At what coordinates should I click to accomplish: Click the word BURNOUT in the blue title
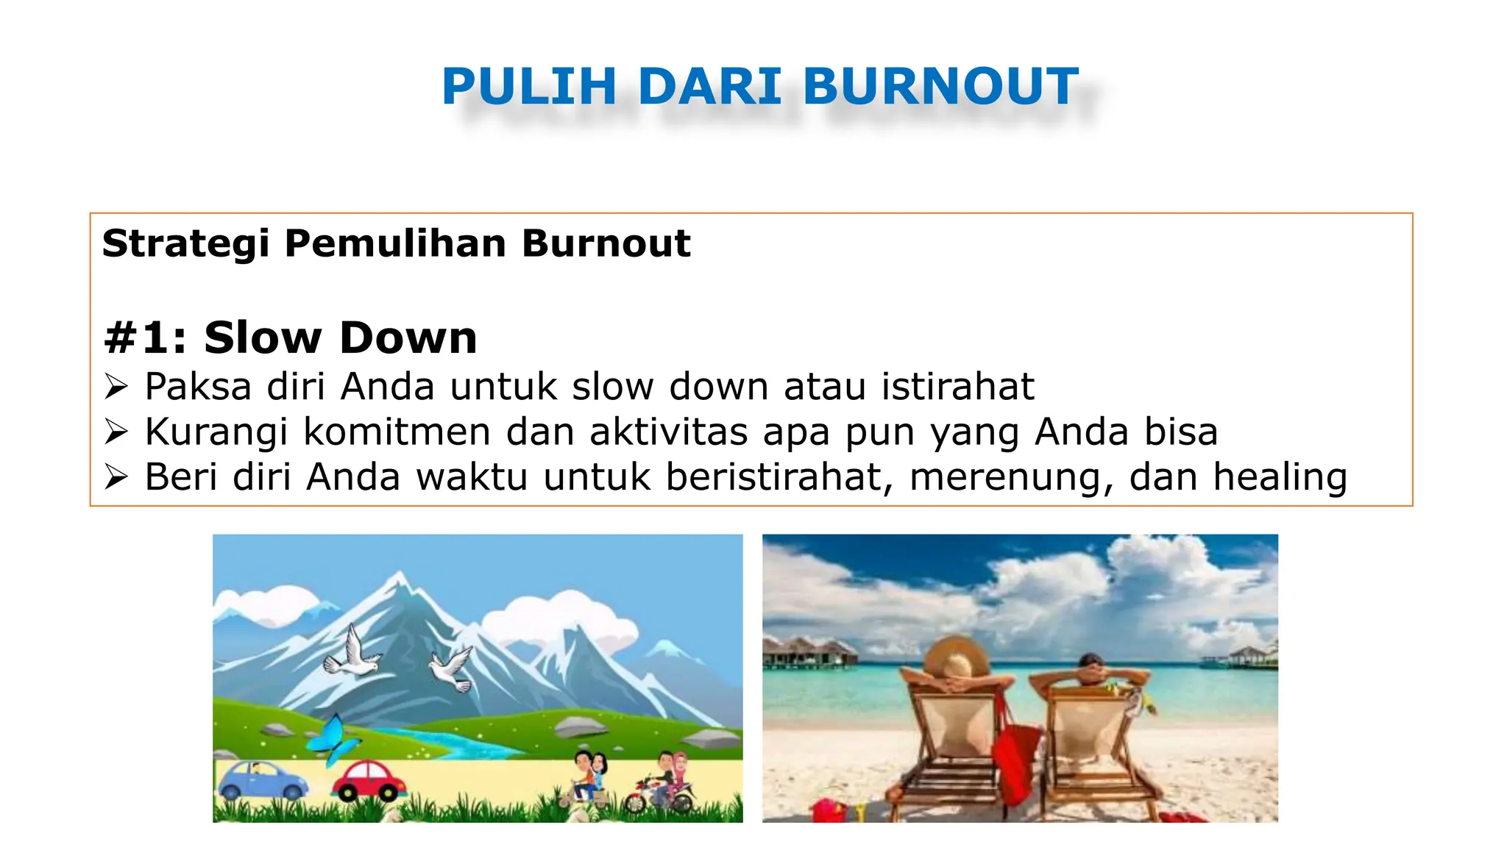[x=940, y=87]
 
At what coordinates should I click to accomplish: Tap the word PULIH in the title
[x=529, y=87]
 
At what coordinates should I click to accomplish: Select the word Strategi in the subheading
[x=185, y=244]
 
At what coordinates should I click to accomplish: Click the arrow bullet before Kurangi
[x=116, y=432]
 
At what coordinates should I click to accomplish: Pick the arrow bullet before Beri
[x=116, y=477]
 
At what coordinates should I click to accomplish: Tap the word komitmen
[x=397, y=432]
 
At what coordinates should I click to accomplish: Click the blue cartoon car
[x=262, y=780]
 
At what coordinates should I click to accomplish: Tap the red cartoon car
[x=369, y=781]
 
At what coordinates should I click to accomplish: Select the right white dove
[x=452, y=669]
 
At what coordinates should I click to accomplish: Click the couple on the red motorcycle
[x=664, y=783]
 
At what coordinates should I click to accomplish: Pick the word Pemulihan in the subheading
[x=395, y=244]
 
